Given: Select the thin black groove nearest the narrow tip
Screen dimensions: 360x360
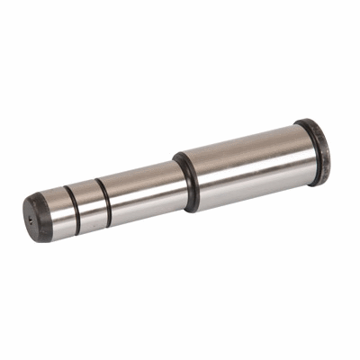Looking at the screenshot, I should click(x=69, y=207).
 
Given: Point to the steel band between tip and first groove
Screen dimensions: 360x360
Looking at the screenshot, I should click(x=55, y=212).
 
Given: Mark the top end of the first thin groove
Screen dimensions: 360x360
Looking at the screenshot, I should click(x=65, y=187).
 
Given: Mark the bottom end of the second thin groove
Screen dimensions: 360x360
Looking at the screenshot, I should click(x=109, y=219).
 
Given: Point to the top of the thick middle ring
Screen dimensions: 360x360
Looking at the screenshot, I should click(x=178, y=155).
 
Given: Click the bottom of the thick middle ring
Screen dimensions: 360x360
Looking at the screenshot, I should click(x=193, y=209).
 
